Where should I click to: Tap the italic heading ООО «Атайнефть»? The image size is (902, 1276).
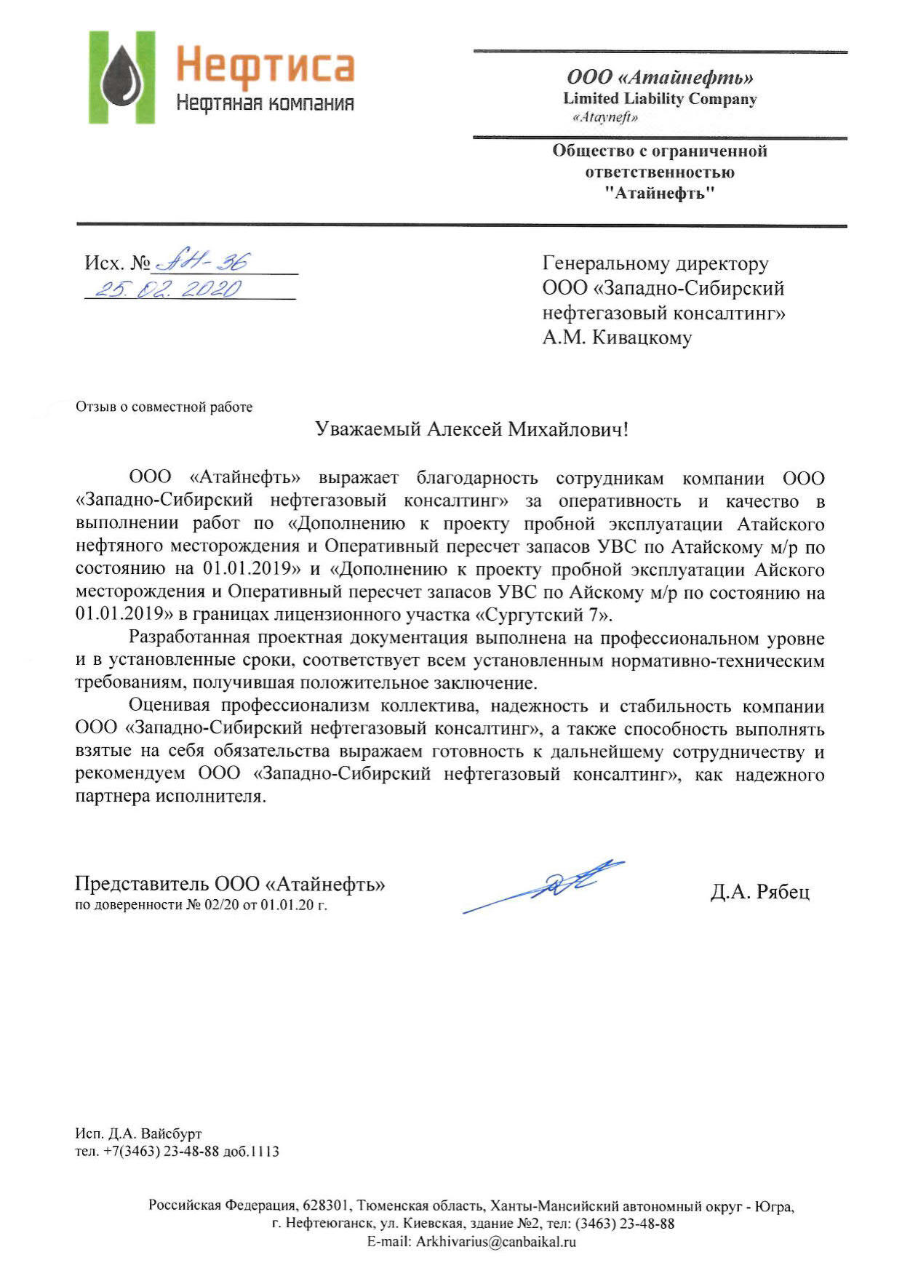point(660,77)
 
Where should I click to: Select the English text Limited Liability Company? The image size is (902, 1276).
point(660,99)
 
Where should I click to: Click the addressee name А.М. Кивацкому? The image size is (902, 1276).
point(617,338)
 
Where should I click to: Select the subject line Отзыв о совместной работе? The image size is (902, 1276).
point(164,407)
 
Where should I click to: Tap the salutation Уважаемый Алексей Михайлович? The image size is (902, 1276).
point(471,429)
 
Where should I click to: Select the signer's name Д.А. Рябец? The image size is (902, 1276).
point(759,892)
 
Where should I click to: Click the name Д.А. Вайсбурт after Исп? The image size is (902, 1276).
point(155,1133)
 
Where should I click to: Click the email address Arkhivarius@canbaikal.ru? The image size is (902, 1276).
point(495,1242)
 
